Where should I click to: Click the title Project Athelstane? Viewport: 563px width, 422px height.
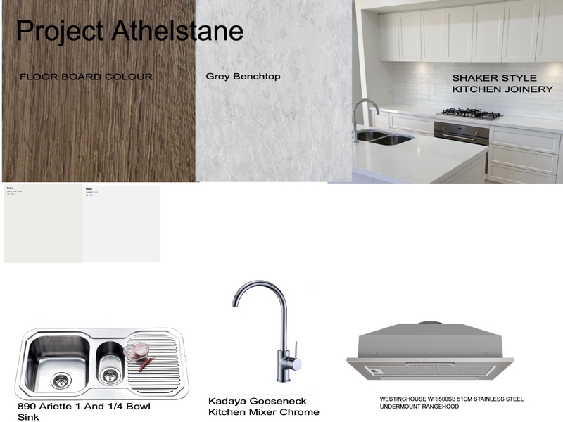pos(129,30)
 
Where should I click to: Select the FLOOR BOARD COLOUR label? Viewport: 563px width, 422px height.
pos(87,77)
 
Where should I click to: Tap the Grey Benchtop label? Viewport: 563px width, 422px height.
pos(233,76)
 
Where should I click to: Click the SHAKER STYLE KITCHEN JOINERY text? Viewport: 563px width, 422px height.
pos(502,84)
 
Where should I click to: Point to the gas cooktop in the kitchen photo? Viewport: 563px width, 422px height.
pos(470,113)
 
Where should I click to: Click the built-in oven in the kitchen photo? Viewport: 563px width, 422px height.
pos(462,132)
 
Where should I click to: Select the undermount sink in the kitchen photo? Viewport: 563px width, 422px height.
pos(384,136)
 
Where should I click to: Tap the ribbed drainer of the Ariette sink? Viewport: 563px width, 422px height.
pos(158,365)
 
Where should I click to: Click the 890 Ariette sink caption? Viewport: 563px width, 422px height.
pos(84,411)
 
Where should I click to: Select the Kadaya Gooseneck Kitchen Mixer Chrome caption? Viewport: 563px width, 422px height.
pos(263,407)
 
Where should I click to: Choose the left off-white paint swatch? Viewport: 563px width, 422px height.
pos(43,224)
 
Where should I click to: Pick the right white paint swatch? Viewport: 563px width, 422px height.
pos(121,224)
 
